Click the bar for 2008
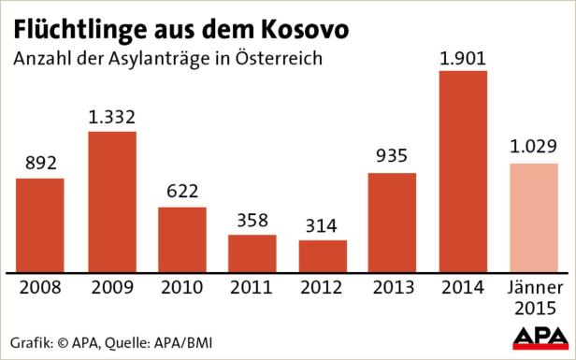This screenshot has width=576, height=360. (40, 224)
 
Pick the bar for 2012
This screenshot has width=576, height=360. (323, 255)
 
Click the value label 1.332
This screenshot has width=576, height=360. (111, 119)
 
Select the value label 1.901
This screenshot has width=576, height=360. (463, 58)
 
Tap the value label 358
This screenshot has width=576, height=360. (252, 221)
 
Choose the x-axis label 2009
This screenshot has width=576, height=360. (111, 287)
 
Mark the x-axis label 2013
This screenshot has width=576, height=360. (393, 287)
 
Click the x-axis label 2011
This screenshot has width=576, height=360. (252, 287)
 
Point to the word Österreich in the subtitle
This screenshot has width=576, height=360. (281, 58)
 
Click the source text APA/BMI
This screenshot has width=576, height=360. (184, 339)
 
